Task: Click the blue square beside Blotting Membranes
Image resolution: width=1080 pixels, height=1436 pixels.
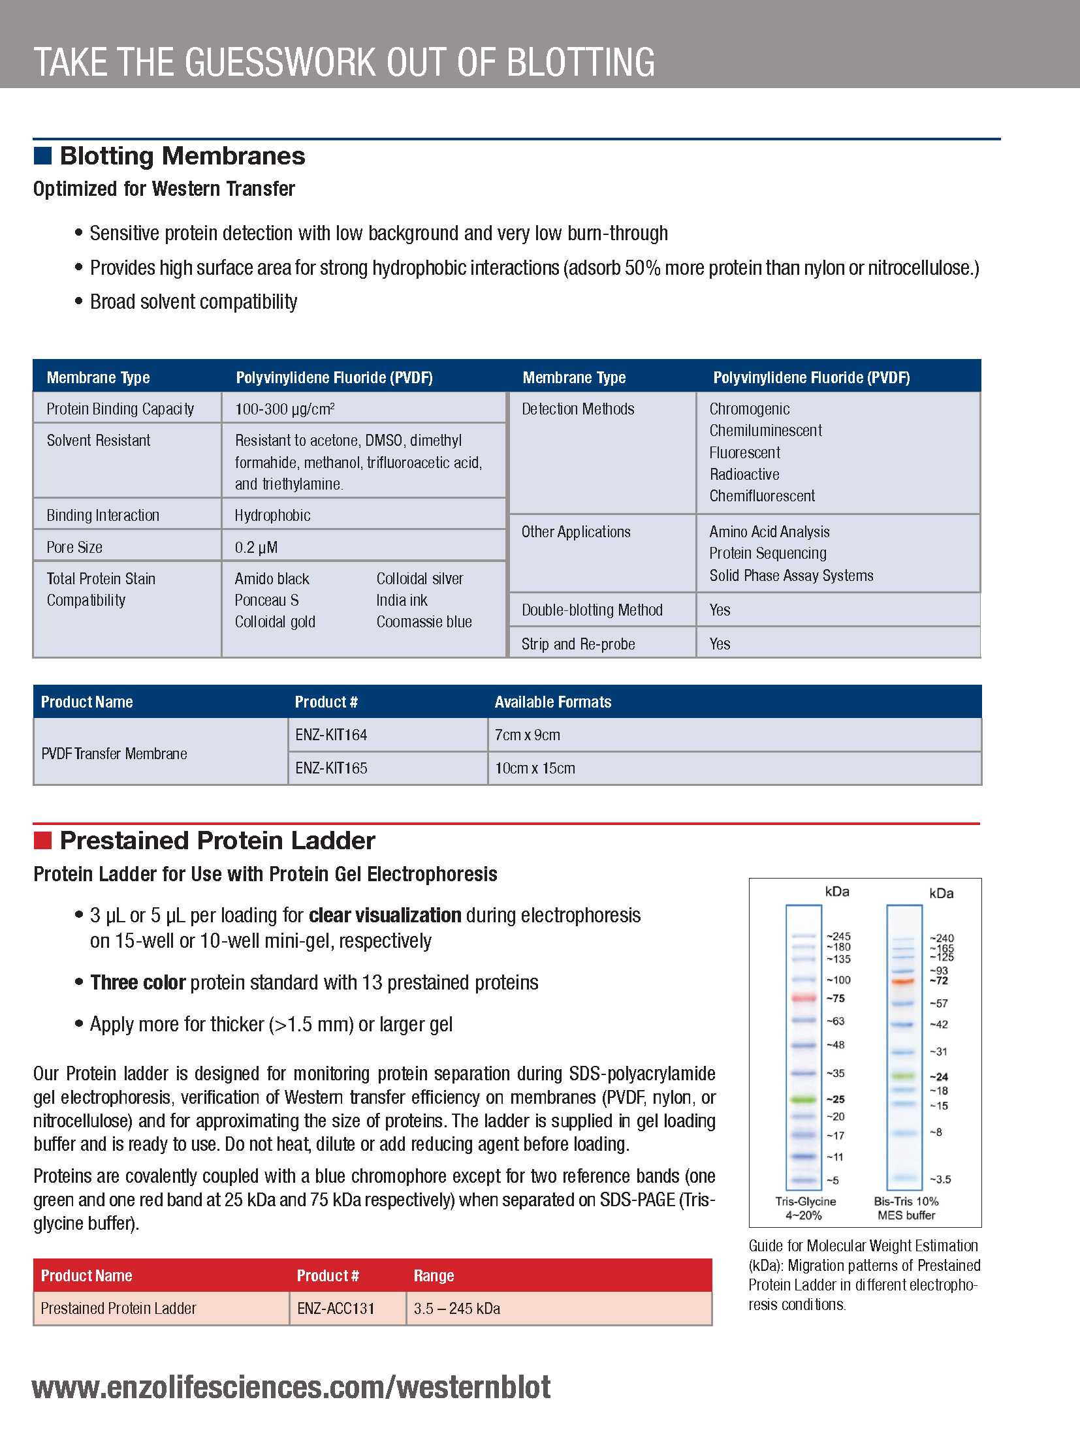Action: coord(42,156)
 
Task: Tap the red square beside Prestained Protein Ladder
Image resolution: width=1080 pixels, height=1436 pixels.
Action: coord(42,841)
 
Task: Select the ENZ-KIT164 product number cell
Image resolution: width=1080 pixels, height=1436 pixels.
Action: coord(331,735)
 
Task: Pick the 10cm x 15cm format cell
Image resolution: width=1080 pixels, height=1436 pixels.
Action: coord(535,768)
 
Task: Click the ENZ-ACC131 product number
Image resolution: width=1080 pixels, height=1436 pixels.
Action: coord(336,1308)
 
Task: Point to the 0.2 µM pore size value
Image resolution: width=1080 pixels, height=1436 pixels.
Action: coord(256,548)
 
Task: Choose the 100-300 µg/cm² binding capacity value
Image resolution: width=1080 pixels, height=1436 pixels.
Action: coord(285,409)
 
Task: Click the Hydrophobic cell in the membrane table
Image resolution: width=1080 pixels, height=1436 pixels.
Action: coord(272,516)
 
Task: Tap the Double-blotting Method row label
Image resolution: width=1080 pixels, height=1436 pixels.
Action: coord(592,610)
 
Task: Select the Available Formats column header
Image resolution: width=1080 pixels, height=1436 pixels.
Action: coord(552,702)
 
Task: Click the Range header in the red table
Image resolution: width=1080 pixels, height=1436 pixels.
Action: coord(434,1275)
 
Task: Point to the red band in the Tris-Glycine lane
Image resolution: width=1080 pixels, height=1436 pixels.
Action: coord(804,998)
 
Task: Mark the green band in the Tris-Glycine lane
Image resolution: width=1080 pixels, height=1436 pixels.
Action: coord(804,1099)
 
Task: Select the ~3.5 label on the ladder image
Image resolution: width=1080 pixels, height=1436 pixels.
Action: coord(940,1179)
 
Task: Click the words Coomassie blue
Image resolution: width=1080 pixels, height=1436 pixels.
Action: coord(424,622)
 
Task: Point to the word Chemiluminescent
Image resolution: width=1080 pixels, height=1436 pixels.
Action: coord(765,431)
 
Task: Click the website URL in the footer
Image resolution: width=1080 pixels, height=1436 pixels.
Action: coord(291,1388)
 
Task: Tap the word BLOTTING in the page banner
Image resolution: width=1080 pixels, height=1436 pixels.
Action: coord(580,63)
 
